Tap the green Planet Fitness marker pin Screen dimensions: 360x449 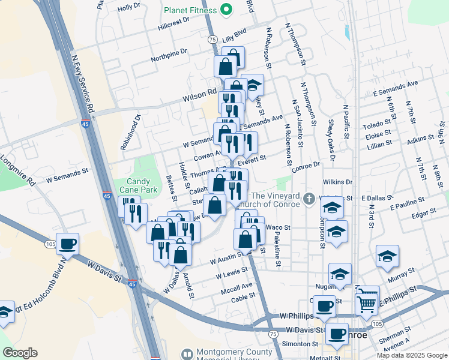226,9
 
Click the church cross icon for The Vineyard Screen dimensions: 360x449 309,198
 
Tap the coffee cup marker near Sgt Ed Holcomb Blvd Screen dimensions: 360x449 68,244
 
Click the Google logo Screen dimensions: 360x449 20,353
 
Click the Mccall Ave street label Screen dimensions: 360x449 236,287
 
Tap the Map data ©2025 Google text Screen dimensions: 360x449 412,355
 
